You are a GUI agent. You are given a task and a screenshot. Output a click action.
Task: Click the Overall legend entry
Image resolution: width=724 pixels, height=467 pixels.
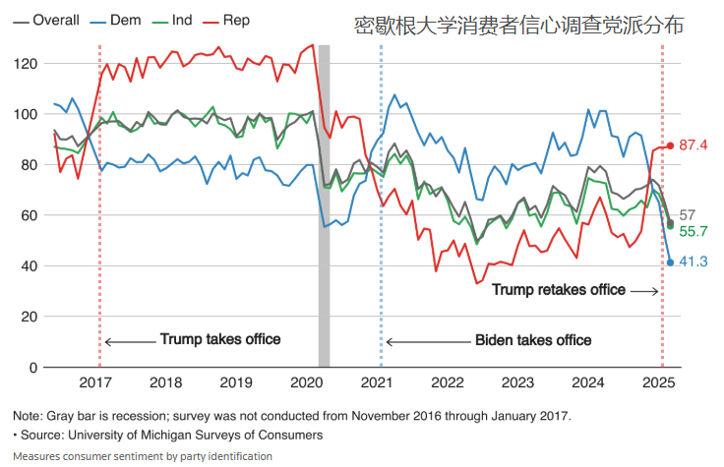click(45, 20)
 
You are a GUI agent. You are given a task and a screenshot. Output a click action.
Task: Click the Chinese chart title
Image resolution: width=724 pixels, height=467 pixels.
click(518, 27)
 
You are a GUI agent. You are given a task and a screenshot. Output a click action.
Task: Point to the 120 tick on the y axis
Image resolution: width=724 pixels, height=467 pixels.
click(25, 64)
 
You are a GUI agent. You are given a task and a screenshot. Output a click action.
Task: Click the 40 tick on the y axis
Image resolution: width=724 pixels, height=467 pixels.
click(29, 266)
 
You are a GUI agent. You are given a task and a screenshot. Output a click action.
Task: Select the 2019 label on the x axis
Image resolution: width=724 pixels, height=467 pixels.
click(237, 383)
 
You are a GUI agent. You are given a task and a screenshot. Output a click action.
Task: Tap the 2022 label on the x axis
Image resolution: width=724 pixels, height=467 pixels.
click(448, 383)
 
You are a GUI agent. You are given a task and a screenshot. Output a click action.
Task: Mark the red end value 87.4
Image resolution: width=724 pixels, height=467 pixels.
click(694, 146)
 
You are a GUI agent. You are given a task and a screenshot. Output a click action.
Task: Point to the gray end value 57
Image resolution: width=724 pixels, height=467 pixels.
click(688, 214)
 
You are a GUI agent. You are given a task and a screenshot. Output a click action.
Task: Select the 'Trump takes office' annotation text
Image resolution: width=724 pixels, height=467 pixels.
click(220, 340)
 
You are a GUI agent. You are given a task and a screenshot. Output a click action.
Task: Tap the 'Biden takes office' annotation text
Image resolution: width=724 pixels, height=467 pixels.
click(533, 340)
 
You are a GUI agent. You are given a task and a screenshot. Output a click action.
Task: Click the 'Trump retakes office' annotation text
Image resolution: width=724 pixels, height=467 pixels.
click(558, 290)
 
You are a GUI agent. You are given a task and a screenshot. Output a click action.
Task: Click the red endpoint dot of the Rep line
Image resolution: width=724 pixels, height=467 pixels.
click(670, 146)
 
